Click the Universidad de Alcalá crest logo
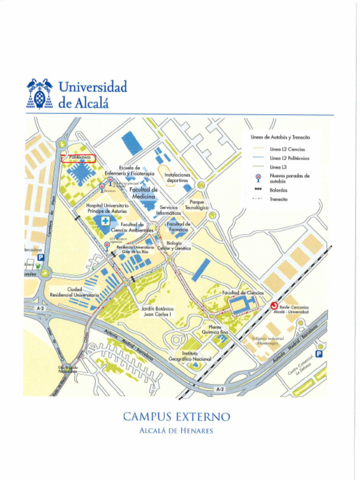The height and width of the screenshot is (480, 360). tap(40, 93)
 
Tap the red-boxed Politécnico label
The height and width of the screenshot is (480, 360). tap(79, 158)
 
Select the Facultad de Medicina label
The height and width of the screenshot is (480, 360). tap(143, 193)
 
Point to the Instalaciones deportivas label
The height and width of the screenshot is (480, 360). tap(177, 177)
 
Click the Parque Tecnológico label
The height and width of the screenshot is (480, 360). tap(196, 204)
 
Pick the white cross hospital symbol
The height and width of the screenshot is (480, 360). tap(106, 221)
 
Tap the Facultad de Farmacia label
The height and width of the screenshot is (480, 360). tap(179, 227)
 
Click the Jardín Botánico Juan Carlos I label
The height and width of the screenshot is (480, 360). tap(157, 312)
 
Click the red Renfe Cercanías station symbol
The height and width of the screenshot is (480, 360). tap(274, 306)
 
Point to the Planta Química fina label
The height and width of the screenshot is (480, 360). tap(215, 329)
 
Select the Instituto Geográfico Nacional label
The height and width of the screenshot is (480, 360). tap(189, 356)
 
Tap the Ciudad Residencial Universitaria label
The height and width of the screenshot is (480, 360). tap(74, 292)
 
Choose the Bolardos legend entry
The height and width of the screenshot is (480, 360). tap(278, 190)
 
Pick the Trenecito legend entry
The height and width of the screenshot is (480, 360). tap(278, 199)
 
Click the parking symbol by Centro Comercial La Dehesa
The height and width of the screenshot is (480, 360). tap(319, 354)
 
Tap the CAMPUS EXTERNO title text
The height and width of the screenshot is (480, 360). tap(177, 417)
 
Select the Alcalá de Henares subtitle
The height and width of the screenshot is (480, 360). tap(176, 431)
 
